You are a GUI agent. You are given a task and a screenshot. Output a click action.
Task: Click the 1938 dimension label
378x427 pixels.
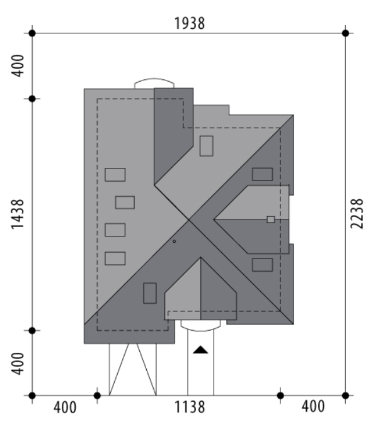pos(189,23)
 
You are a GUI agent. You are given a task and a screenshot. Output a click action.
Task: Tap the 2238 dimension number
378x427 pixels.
pos(357,214)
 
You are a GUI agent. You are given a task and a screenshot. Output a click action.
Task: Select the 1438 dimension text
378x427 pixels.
pos(18,214)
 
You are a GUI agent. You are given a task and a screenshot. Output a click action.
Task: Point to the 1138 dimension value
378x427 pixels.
pos(189,408)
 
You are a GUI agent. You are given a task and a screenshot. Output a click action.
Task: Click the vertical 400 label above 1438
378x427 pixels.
pos(18,66)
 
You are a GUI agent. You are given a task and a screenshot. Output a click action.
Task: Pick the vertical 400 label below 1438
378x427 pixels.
pos(18,363)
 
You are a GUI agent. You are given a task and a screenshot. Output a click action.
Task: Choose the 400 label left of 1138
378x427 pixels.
pos(65,408)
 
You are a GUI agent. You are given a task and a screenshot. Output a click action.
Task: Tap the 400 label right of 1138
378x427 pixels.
pos(313,406)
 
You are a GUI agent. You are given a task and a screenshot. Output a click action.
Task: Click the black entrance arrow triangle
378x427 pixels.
pos(200,350)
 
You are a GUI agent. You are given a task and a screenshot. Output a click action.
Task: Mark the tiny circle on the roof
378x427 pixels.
pos(175,241)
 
